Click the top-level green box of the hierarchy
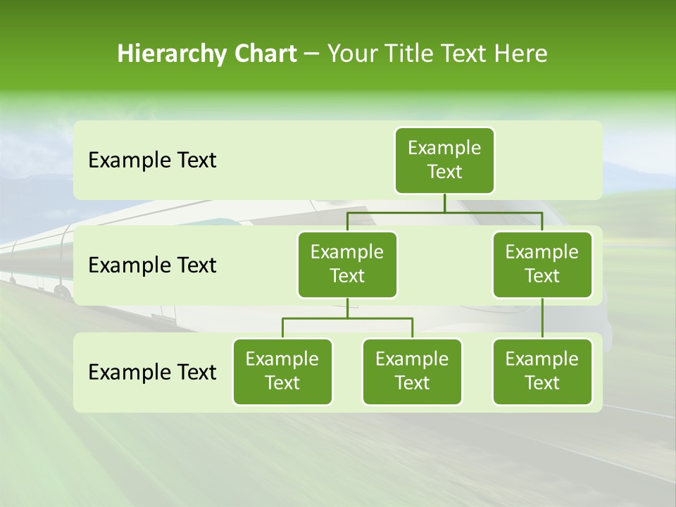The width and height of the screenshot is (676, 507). point(444,161)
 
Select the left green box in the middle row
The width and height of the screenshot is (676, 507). point(347,265)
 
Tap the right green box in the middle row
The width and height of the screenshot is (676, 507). point(542,265)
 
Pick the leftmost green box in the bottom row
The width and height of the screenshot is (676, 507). point(282,372)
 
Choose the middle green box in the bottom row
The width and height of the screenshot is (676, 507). point(412,372)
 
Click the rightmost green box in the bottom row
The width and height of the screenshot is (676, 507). point(542,372)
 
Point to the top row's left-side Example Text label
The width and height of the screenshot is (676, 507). point(152,161)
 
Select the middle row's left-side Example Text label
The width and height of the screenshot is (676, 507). point(152,265)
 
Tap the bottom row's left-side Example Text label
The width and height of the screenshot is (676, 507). point(152,372)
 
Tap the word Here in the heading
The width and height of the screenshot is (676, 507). point(521,54)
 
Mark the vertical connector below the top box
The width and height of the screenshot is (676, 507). point(444,203)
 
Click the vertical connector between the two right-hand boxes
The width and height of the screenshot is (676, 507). point(542,318)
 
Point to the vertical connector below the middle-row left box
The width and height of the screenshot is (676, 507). point(347,308)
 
